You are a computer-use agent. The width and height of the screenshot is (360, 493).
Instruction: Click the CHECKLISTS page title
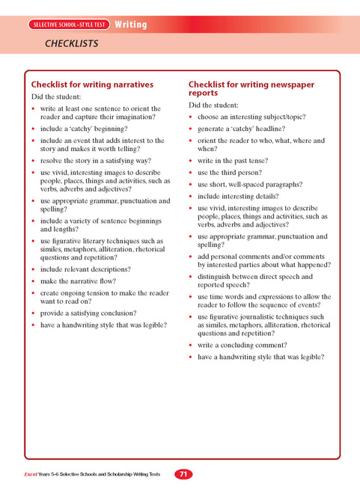point(73,43)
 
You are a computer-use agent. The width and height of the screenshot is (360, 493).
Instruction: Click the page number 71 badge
point(183,474)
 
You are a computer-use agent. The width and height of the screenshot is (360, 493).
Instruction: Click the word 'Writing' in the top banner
point(130,25)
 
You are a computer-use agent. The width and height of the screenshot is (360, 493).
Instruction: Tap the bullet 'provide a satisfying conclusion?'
point(88,313)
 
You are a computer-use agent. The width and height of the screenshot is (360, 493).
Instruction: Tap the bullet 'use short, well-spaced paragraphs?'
point(250,184)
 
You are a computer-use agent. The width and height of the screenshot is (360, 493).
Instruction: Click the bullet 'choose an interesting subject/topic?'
point(252,117)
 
